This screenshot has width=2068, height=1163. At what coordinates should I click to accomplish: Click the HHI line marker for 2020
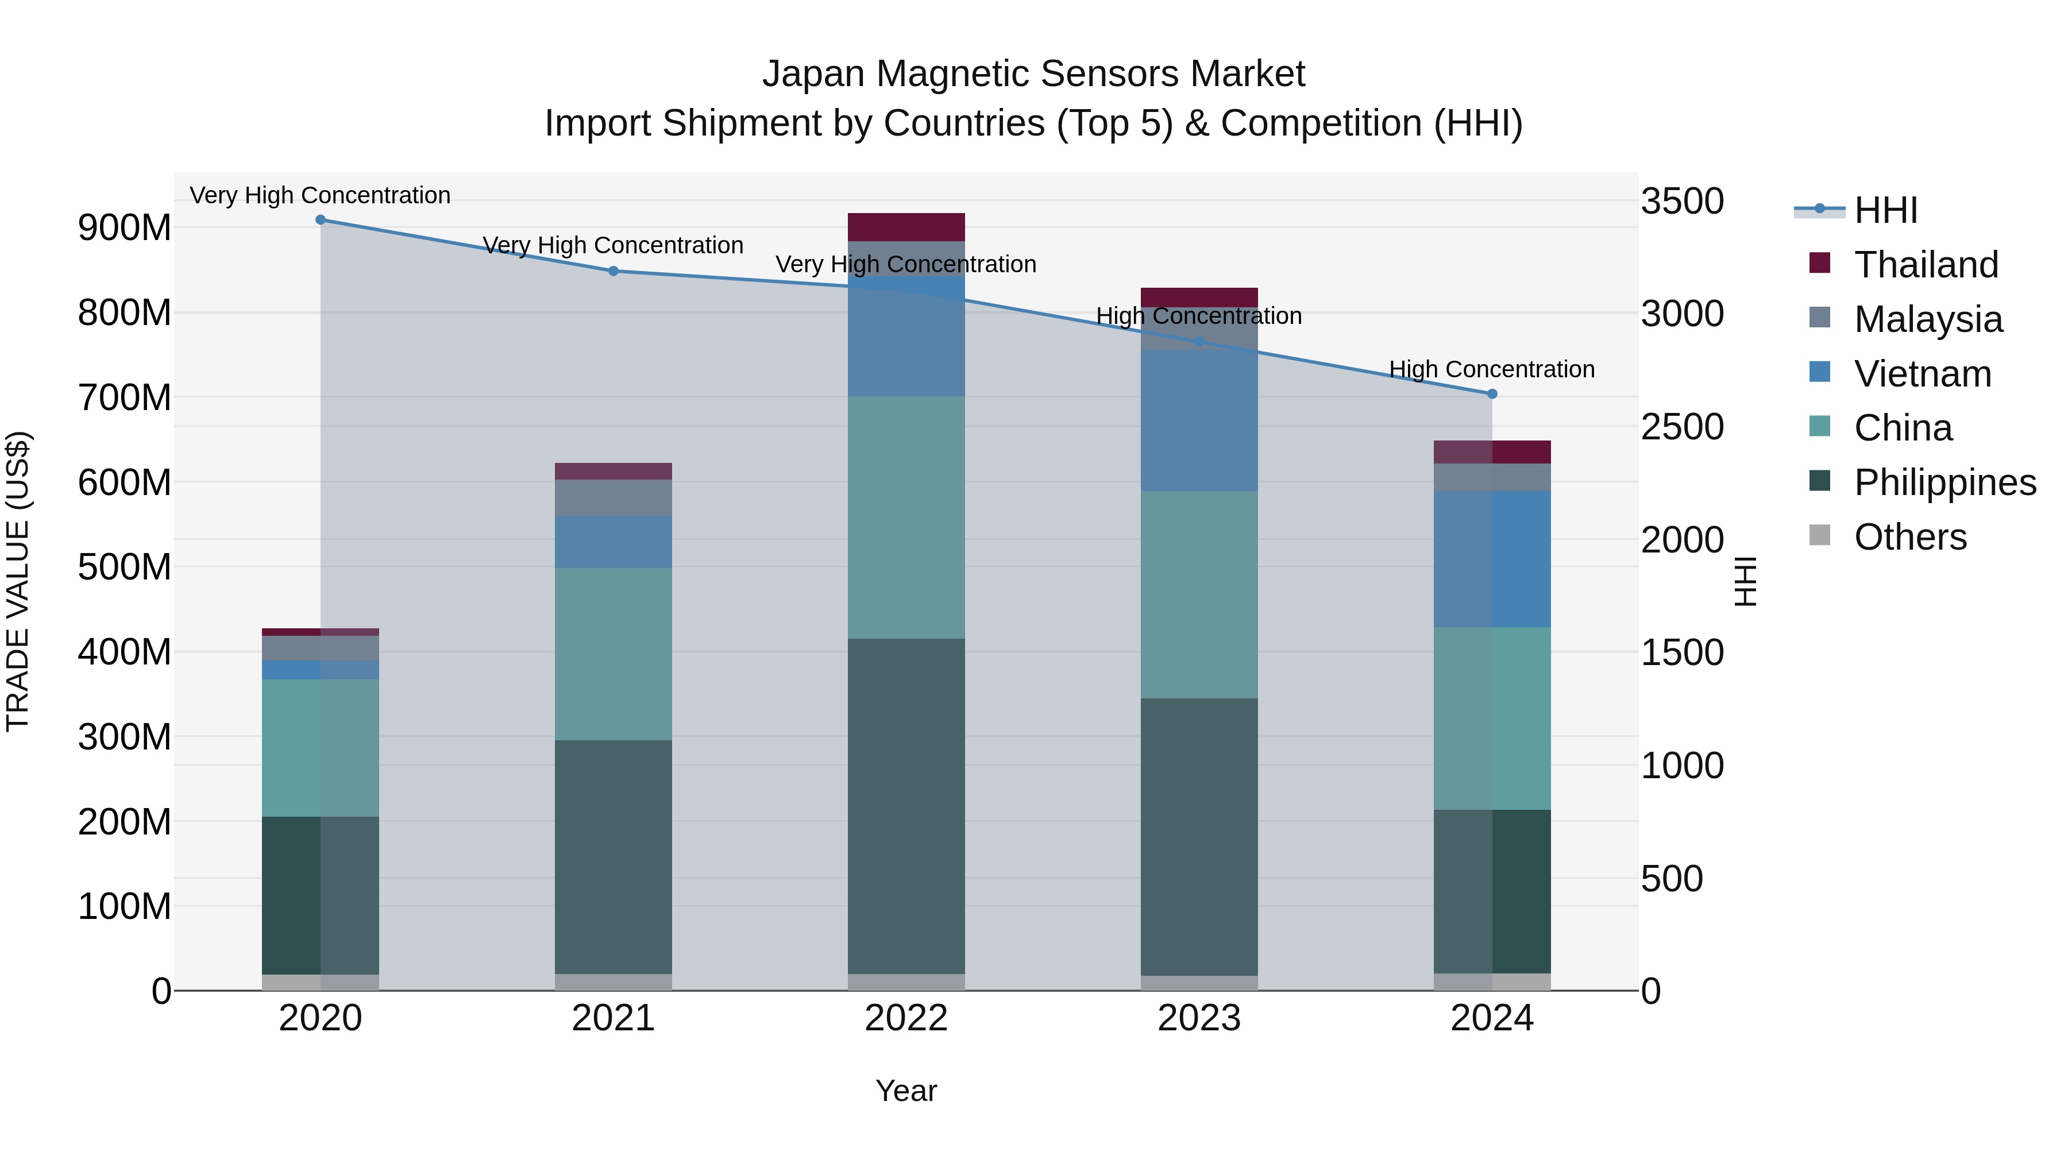point(321,219)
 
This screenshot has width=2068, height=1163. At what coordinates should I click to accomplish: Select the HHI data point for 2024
point(1492,393)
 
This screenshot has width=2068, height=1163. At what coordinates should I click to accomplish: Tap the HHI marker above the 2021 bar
point(614,271)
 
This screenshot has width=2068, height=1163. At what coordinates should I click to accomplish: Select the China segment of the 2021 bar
point(614,654)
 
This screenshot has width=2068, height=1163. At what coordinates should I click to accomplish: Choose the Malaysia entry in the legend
point(1927,319)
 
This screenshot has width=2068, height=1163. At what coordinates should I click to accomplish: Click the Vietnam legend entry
point(1922,374)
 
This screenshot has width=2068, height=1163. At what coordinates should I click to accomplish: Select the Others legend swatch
point(1820,535)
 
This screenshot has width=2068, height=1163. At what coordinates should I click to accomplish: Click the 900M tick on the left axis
point(125,228)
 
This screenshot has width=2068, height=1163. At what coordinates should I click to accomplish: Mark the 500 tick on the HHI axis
point(1672,878)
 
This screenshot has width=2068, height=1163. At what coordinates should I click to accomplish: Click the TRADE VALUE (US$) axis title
point(18,581)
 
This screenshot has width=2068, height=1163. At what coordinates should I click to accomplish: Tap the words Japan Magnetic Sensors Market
point(1033,74)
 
